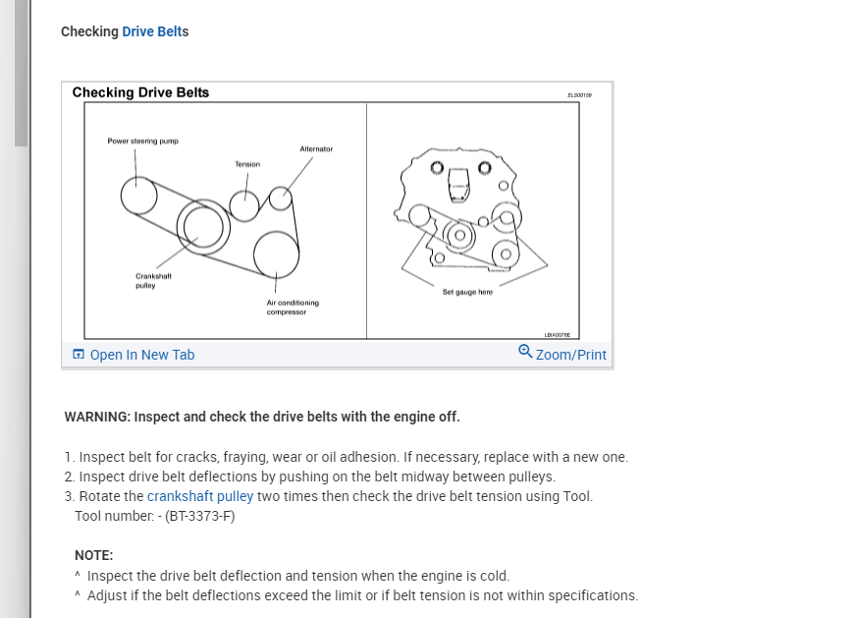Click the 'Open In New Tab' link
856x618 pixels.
pos(141,355)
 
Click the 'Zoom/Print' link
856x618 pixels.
pos(570,355)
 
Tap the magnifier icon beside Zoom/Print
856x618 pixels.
pos(525,352)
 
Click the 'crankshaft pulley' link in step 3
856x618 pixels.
pos(200,496)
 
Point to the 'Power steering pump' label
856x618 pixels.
pos(142,140)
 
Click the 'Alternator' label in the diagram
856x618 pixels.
pos(316,148)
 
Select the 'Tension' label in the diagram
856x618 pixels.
pos(247,164)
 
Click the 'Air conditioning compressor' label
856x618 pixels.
pos(292,307)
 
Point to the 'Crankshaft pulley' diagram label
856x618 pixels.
pos(153,280)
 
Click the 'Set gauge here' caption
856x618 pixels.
pos(467,292)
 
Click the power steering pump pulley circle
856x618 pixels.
pos(138,196)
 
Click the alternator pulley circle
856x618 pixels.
pos(281,197)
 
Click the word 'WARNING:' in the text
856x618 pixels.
pos(97,417)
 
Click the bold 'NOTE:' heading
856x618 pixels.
pos(93,555)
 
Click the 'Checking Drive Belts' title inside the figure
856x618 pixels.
pos(140,92)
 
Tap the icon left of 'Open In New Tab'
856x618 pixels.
pos(78,355)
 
